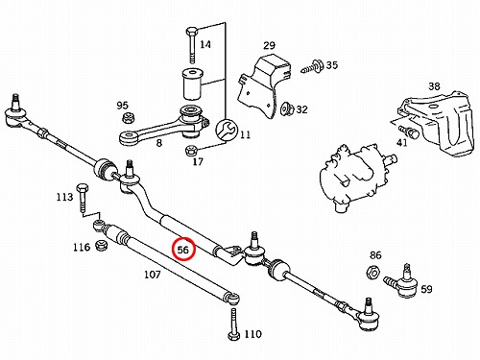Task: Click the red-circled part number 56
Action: (x=183, y=249)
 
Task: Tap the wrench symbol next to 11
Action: (x=227, y=130)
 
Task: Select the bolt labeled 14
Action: (x=191, y=45)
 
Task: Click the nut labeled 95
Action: (x=129, y=118)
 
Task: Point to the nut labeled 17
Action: (x=191, y=149)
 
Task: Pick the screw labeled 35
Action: (x=312, y=66)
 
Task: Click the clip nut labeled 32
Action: (x=287, y=109)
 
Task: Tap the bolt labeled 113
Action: (x=82, y=198)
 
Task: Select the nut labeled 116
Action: (x=102, y=246)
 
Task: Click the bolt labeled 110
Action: (x=233, y=324)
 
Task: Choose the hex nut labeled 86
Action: (x=373, y=272)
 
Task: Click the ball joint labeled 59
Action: (x=401, y=281)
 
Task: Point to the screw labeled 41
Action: (x=408, y=132)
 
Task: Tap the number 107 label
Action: (x=153, y=275)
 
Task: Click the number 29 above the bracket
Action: (x=269, y=45)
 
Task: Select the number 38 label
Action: (x=434, y=86)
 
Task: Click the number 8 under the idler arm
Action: (x=159, y=143)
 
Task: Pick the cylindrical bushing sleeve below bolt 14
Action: (x=192, y=84)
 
